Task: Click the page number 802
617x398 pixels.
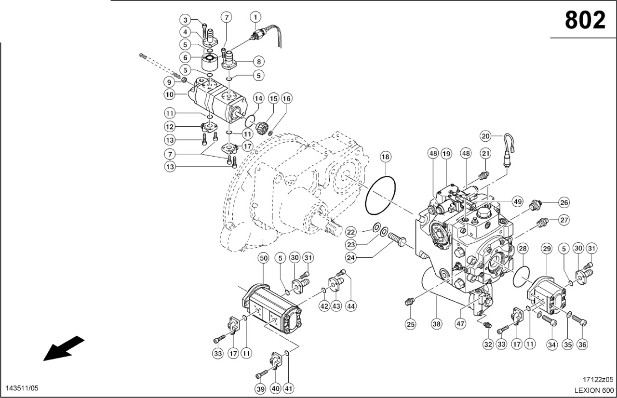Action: click(x=585, y=20)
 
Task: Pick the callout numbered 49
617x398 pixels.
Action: click(x=518, y=201)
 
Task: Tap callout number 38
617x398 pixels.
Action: click(x=437, y=324)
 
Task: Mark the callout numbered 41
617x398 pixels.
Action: click(x=290, y=388)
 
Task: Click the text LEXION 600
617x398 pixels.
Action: click(x=594, y=390)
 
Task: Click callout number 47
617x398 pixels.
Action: click(x=461, y=324)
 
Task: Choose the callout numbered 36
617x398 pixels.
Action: click(x=583, y=345)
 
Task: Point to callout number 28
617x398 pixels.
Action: click(x=523, y=248)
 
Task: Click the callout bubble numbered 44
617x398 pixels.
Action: click(x=350, y=306)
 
